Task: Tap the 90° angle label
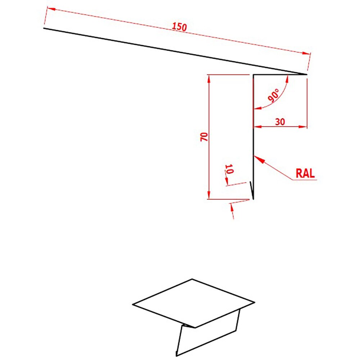[274, 95]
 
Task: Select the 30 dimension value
[280, 122]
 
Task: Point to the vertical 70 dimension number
[204, 136]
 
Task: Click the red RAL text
[305, 173]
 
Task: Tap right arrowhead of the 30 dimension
[304, 127]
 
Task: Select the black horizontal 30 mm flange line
[279, 75]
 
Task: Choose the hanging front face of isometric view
[209, 335]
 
